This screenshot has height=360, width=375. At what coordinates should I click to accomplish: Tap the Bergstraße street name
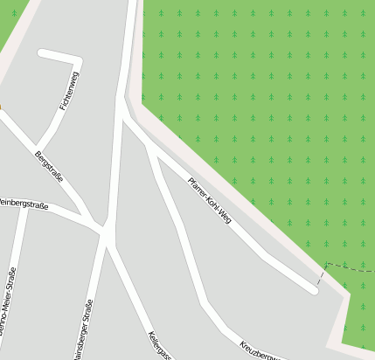(49, 167)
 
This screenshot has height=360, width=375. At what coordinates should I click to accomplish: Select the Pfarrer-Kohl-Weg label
(210, 202)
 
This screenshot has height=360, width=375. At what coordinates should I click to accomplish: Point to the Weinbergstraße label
(24, 204)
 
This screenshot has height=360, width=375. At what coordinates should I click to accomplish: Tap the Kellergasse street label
(159, 345)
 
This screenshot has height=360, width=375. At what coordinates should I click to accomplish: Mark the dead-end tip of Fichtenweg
(42, 53)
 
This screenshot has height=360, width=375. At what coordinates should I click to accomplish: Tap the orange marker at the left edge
(1, 108)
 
